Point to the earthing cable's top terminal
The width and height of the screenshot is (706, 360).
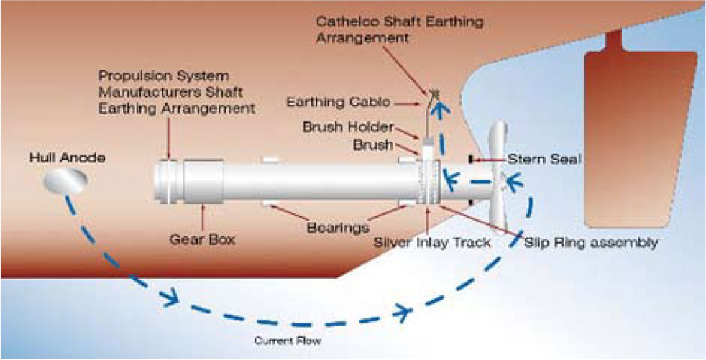pos(434,93)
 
